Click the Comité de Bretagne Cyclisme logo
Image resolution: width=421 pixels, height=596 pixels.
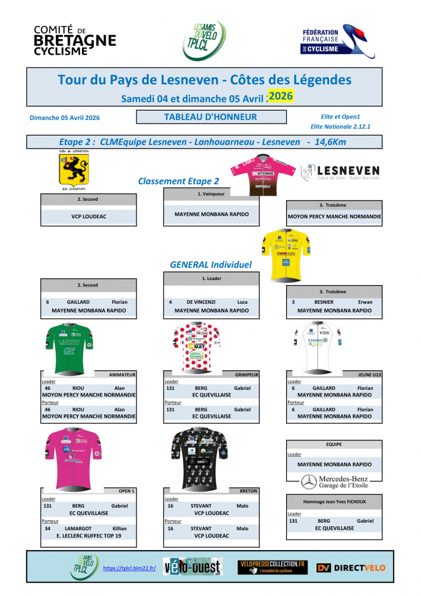(74, 40)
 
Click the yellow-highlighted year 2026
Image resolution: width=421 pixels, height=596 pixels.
(281, 95)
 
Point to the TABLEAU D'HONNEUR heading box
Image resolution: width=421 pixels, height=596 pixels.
(211, 117)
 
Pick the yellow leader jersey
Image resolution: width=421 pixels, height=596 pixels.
(286, 254)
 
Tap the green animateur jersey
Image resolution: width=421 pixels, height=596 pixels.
(70, 347)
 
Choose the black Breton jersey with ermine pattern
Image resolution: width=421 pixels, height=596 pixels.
(195, 459)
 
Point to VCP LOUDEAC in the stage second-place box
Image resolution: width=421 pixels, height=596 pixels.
(88, 216)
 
